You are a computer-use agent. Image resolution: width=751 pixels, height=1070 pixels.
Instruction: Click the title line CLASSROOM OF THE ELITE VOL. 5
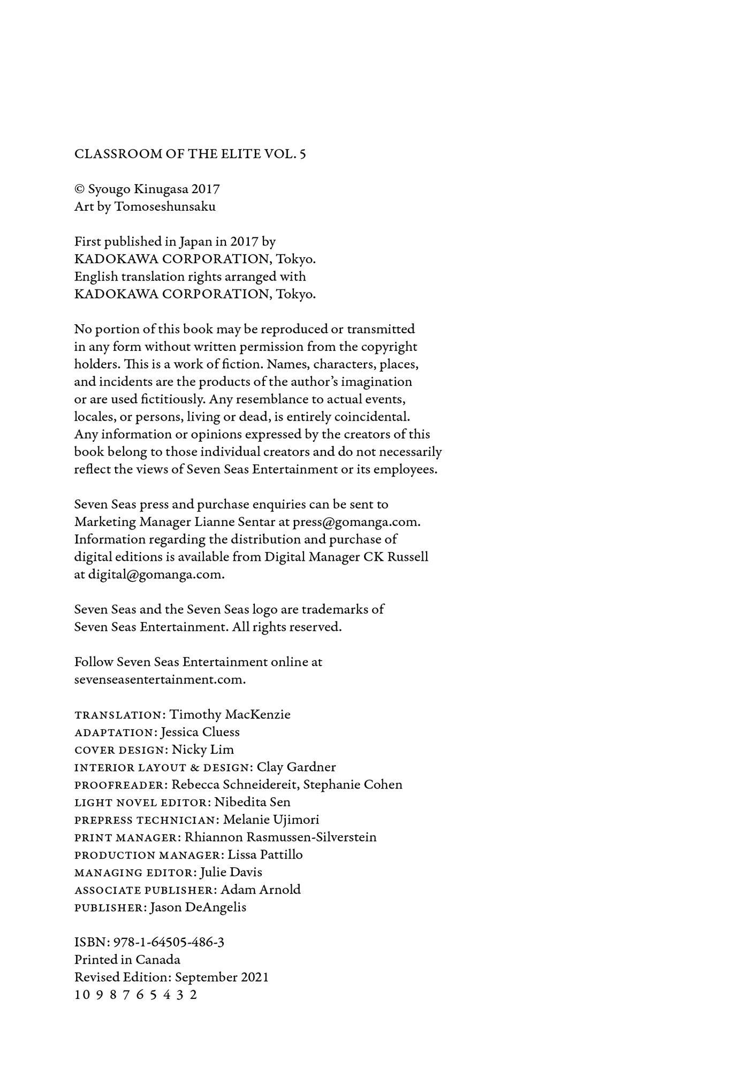pos(190,154)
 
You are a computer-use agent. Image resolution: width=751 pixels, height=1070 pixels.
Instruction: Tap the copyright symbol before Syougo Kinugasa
pos(80,189)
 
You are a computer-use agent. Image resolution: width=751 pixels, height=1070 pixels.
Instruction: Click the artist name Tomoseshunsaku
pos(165,207)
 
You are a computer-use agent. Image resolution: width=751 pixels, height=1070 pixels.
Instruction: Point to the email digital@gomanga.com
pos(156,575)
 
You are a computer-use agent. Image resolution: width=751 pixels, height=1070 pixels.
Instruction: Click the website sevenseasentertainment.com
pos(160,679)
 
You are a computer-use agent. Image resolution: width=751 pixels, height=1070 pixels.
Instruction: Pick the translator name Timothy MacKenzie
pos(230,715)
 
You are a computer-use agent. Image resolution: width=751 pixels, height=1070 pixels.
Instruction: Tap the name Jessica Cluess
pos(200,732)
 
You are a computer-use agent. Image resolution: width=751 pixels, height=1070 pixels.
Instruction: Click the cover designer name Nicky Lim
pos(203,750)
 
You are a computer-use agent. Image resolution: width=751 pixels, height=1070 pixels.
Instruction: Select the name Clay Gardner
pos(296,767)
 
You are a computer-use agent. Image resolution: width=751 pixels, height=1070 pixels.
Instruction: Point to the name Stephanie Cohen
pos(353,785)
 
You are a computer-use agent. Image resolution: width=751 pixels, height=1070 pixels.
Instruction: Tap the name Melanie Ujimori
pos(271,820)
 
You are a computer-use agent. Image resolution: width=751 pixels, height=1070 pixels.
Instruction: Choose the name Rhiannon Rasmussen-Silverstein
pos(280,837)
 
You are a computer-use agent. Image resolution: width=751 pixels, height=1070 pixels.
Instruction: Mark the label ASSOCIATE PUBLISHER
pos(144,890)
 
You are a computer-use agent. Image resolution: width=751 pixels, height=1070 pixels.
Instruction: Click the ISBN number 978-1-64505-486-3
pos(169,942)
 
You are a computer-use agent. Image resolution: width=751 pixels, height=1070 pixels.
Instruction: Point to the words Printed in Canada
pos(127,960)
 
